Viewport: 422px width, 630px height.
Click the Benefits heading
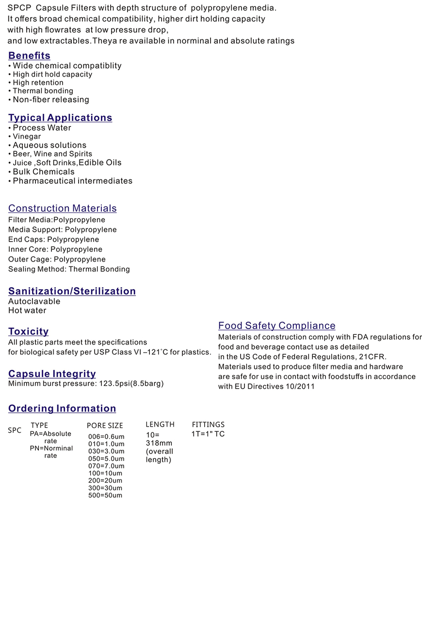[29, 56]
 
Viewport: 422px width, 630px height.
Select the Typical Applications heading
[60, 118]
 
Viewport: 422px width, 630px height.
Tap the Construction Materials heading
[62, 208]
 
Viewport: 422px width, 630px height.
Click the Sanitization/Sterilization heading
[72, 291]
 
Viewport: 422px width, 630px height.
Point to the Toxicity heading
[28, 331]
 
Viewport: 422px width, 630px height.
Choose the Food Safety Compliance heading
[276, 326]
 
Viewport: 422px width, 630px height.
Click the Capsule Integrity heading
[52, 374]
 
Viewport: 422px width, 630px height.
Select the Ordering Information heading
[62, 409]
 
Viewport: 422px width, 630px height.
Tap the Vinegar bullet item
[27, 137]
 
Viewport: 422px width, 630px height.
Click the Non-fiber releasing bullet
[51, 100]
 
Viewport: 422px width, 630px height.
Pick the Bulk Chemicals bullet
[44, 172]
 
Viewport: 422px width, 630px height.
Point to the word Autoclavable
[34, 301]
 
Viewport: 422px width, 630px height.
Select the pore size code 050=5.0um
[106, 458]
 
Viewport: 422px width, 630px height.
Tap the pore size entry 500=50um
[105, 495]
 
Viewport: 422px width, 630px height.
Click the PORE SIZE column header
[105, 425]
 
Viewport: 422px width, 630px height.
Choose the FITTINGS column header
[208, 425]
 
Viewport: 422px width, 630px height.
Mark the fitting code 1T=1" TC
[208, 434]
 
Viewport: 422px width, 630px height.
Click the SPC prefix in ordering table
[15, 430]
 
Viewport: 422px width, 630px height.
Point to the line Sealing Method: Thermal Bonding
[69, 269]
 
